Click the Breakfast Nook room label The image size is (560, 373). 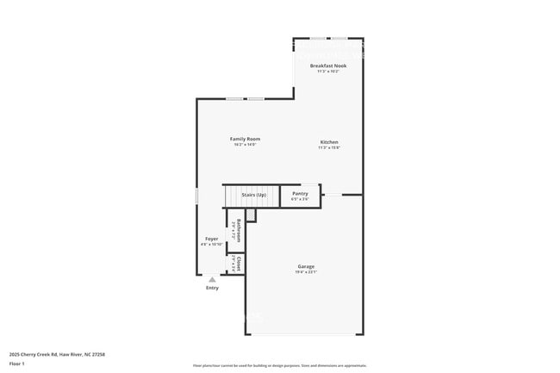(328, 65)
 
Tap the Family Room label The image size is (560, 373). (246, 139)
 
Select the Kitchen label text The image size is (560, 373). (329, 142)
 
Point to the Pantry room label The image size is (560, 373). (300, 194)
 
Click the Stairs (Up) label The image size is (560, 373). (253, 196)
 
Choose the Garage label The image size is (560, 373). (306, 267)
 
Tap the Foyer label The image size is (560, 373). (211, 239)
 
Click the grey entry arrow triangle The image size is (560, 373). (212, 279)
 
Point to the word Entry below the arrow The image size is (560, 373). (212, 288)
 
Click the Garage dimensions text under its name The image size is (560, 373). (306, 272)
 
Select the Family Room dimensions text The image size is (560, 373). (246, 145)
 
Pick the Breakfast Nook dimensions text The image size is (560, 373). (328, 71)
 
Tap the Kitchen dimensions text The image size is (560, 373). (329, 148)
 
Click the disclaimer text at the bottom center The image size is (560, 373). (279, 365)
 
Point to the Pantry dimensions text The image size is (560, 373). (300, 199)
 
